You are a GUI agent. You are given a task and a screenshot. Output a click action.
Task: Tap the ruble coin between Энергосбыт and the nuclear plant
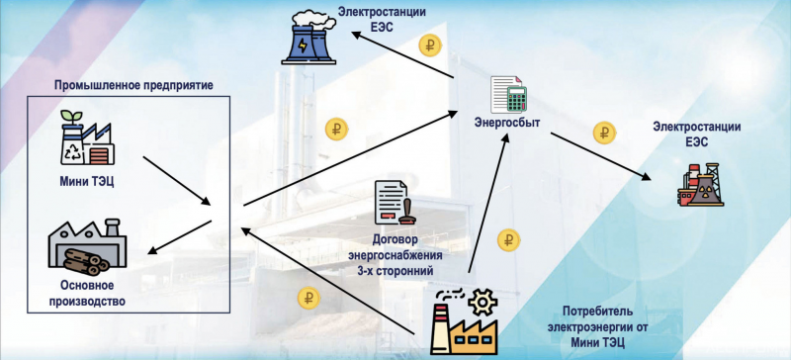pos(603,132)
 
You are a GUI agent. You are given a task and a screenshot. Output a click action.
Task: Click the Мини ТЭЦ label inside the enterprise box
pos(86,180)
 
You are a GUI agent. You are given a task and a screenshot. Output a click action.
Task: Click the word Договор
pos(395,238)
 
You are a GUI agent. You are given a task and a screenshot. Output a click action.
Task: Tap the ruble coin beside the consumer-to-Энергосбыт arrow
pos(508,238)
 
